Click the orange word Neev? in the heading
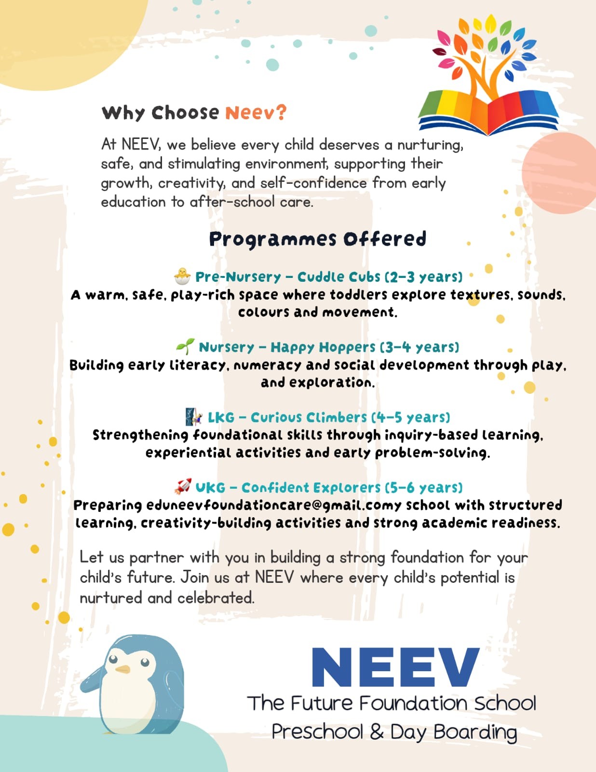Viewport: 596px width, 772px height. coord(256,112)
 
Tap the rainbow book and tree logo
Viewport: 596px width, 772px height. coord(487,77)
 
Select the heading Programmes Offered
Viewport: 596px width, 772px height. coord(318,239)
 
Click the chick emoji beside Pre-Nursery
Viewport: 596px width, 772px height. coord(182,276)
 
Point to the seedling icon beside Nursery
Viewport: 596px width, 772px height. coord(185,346)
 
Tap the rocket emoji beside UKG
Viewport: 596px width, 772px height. coord(183,486)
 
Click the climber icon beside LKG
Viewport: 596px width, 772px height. coord(194,416)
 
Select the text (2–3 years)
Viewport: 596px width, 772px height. coord(423,277)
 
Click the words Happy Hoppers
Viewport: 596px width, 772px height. coord(323,347)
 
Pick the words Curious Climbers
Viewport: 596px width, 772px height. coord(309,417)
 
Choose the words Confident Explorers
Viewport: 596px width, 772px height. coord(311,488)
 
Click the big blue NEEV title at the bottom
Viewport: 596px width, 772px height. coord(395,667)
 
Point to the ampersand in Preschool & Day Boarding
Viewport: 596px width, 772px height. coord(377,732)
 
